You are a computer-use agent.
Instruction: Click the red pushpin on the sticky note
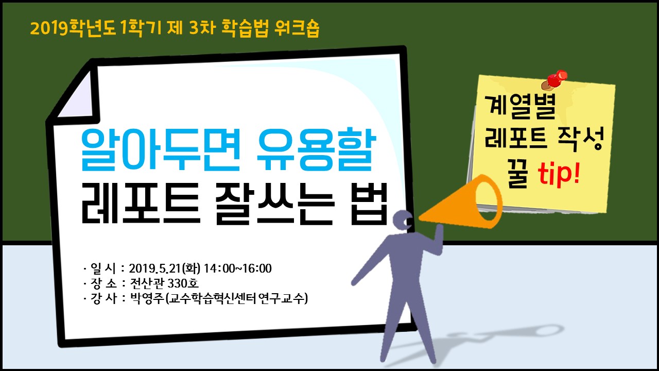[x=554, y=79]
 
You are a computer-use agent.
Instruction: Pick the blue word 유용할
[x=317, y=149]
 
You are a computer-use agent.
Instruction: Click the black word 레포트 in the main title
[x=141, y=204]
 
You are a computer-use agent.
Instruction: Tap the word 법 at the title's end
[x=370, y=204]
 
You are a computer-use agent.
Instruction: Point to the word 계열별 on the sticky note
[x=520, y=106]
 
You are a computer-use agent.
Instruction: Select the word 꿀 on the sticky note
[x=517, y=176]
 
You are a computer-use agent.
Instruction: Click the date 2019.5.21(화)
[x=165, y=268]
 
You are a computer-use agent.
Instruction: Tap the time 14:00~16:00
[x=238, y=268]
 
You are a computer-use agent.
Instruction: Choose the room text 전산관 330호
[x=164, y=283]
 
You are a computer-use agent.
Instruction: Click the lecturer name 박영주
[x=147, y=298]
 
